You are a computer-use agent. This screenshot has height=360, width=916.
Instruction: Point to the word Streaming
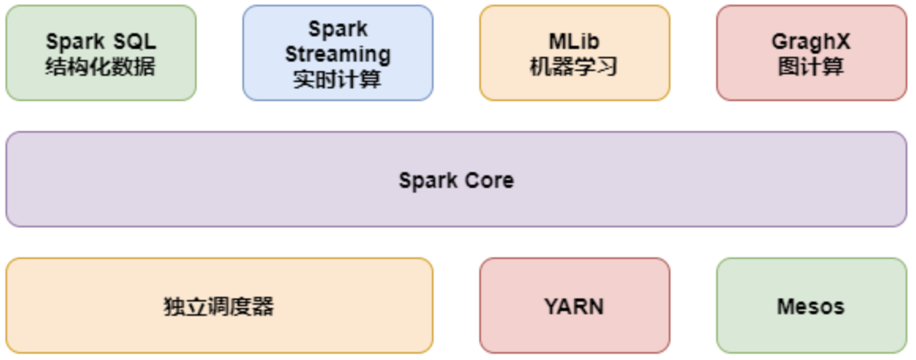click(x=337, y=54)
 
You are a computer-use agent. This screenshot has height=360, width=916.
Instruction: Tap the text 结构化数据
click(x=100, y=66)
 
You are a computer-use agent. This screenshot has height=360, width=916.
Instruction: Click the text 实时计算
click(x=337, y=80)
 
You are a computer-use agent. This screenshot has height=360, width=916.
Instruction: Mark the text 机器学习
click(x=574, y=66)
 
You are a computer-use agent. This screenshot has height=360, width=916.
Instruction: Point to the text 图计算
click(x=811, y=66)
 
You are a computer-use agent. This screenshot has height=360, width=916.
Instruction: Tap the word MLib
click(x=574, y=41)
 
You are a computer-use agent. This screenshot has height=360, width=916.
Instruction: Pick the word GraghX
click(x=811, y=42)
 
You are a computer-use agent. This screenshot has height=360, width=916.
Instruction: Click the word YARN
click(x=574, y=306)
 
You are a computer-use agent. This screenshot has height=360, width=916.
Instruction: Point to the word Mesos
click(x=811, y=306)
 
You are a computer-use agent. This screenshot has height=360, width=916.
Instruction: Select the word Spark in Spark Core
click(x=425, y=181)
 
